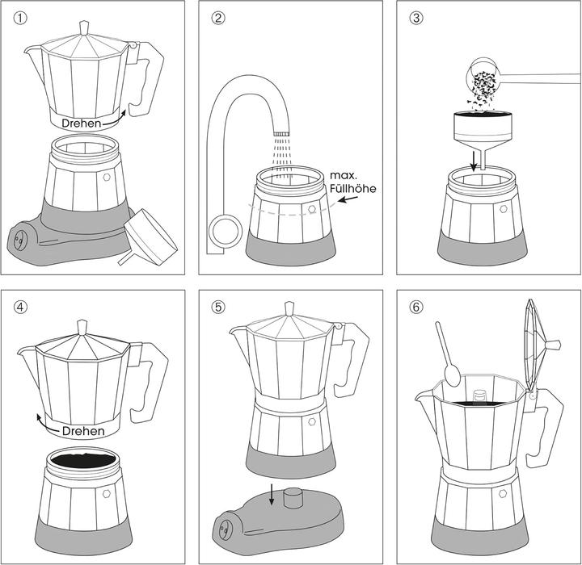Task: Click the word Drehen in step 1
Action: click(x=82, y=124)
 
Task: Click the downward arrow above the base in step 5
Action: click(x=272, y=493)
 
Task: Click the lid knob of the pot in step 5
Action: click(x=289, y=308)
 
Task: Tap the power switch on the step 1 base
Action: click(x=21, y=238)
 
